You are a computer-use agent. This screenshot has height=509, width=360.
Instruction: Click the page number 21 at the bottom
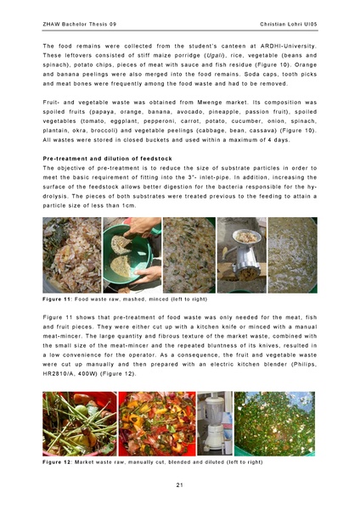[x=180, y=484]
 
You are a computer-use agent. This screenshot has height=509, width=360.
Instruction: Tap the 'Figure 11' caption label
[x=58, y=299]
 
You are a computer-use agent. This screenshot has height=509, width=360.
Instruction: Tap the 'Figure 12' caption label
[x=58, y=461]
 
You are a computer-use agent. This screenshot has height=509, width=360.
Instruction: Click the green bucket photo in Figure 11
[x=132, y=255]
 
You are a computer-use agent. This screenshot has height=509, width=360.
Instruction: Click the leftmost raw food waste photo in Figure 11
[x=71, y=255]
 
